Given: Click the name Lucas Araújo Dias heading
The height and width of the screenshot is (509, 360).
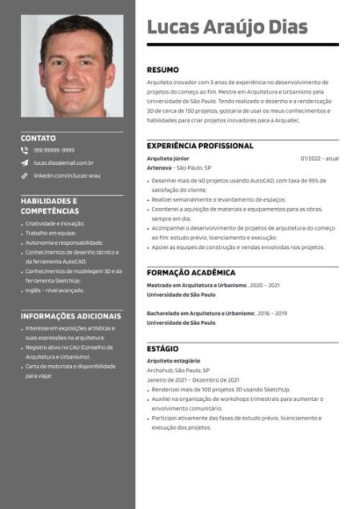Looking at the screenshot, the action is click(226, 27).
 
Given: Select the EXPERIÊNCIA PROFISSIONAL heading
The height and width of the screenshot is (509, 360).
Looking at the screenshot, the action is click(199, 146).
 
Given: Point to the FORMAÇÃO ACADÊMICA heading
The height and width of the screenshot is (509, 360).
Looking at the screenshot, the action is click(190, 272).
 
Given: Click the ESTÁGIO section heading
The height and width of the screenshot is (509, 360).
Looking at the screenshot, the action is click(162, 349).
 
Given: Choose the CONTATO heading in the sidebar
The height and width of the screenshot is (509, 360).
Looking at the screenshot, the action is click(38, 138).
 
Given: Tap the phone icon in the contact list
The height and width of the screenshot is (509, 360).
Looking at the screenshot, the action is click(25, 150).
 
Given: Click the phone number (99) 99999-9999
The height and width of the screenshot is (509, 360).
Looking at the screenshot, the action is click(54, 150).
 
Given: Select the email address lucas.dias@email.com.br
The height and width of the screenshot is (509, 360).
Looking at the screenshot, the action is click(63, 162).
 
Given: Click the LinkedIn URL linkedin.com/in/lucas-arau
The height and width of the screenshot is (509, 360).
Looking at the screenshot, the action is click(66, 174).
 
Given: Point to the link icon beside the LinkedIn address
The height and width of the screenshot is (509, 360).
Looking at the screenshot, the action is click(25, 174).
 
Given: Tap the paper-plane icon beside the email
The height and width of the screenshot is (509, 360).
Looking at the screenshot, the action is click(25, 162).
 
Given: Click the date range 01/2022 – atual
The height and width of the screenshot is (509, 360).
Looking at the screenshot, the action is click(319, 158).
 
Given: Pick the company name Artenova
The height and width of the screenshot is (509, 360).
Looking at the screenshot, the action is click(159, 168).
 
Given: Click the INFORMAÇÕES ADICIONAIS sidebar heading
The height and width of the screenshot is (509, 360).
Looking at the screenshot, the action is click(70, 316).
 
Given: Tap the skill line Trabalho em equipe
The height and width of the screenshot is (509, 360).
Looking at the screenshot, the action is click(53, 233).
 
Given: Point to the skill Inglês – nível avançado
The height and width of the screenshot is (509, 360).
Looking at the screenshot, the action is click(54, 291).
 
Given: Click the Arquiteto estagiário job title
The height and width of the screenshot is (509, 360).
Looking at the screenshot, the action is click(174, 361).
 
